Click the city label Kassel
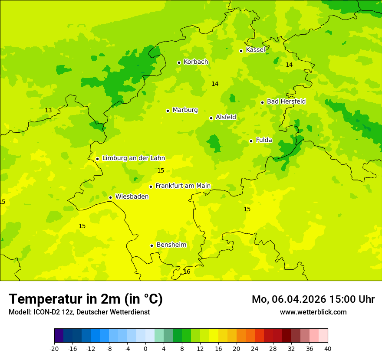pyautogui.click(x=255, y=50)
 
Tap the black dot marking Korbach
pyautogui.click(x=179, y=62)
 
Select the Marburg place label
pyautogui.click(x=185, y=110)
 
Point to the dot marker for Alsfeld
pyautogui.click(x=211, y=118)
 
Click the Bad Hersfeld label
pyautogui.click(x=286, y=101)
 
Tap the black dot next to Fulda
pyautogui.click(x=251, y=141)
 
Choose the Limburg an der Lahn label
pyautogui.click(x=133, y=158)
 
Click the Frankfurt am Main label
pyautogui.click(x=183, y=186)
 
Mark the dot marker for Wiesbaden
pyautogui.click(x=111, y=197)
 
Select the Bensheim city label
pyautogui.click(x=171, y=245)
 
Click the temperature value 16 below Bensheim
pyautogui.click(x=187, y=272)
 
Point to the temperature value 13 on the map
pyautogui.click(x=48, y=111)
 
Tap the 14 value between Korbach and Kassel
pyautogui.click(x=215, y=84)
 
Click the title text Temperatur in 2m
pyautogui.click(x=86, y=299)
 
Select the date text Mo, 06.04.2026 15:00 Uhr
pyautogui.click(x=313, y=299)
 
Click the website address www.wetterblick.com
pyautogui.click(x=313, y=312)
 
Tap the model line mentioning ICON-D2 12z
pyautogui.click(x=79, y=312)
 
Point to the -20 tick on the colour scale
pyautogui.click(x=54, y=349)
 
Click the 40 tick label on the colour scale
pyautogui.click(x=328, y=349)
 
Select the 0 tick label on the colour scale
pyautogui.click(x=145, y=349)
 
